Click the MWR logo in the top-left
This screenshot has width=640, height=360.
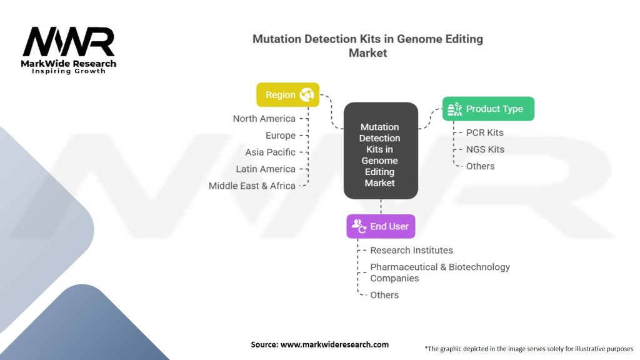tap(69, 49)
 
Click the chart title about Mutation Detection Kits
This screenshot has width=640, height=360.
tap(367, 46)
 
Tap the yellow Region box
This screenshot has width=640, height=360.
tap(287, 95)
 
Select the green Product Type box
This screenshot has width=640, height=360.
tap(488, 109)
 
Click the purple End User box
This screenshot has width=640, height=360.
tap(381, 226)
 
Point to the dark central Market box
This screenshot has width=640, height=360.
tap(380, 151)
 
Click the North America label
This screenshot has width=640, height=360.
tap(264, 119)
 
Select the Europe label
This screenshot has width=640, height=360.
tap(280, 136)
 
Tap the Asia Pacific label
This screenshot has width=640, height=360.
tap(270, 152)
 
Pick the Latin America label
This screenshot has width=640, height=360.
tap(266, 169)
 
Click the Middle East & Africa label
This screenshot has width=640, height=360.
tap(252, 186)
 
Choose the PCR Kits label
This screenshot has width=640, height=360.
tap(484, 132)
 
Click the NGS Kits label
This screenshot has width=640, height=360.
tap(485, 149)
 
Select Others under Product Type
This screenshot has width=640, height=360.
tap(480, 166)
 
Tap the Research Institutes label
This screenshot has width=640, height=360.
tap(411, 250)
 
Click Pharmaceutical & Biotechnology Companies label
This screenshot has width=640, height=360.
tap(440, 272)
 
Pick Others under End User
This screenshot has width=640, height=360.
tap(384, 295)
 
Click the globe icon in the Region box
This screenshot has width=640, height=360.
tap(307, 95)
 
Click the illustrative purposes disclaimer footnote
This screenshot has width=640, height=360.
tap(529, 349)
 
